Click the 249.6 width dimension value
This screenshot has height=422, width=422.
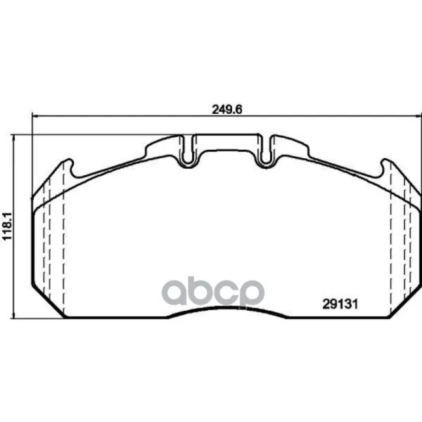click(x=227, y=110)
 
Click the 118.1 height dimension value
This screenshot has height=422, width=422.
click(x=7, y=226)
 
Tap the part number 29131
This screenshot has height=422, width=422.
click(x=340, y=305)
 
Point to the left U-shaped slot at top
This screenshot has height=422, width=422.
click(x=188, y=151)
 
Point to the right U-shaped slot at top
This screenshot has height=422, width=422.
click(x=266, y=151)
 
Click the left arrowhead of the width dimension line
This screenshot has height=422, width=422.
click(x=34, y=116)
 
